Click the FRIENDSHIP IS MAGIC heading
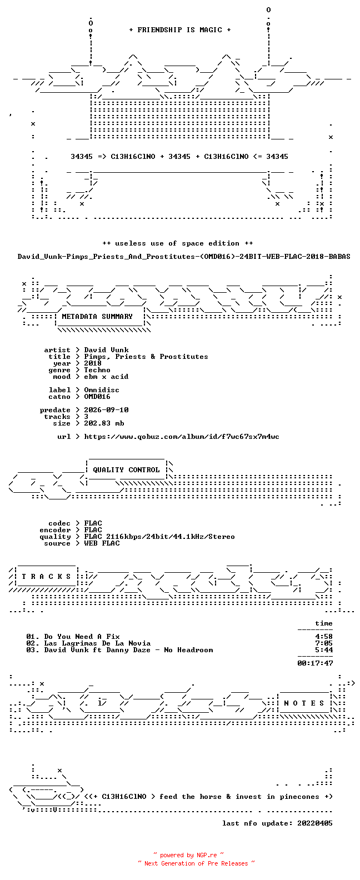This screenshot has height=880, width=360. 180,30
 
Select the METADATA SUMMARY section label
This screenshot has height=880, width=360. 97,317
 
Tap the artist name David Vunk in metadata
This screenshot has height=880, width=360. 106,350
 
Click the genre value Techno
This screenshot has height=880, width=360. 97,370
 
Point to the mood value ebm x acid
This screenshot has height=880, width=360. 106,377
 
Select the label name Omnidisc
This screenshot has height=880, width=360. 102,390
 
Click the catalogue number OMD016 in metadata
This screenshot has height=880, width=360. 97,397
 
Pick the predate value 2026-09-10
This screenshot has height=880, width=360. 106,410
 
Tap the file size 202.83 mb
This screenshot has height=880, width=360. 104,423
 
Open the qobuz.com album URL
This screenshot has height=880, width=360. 182,437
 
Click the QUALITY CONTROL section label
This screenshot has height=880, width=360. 126,470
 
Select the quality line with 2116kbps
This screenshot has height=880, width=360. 159,537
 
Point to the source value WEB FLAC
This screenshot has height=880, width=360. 102,544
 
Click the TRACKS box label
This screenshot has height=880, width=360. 46,577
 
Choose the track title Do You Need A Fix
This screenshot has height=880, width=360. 82,637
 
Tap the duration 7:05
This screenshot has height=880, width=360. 324,643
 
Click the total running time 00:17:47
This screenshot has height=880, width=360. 315,663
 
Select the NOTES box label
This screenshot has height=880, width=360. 304,703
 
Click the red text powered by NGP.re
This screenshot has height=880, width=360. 188,855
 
